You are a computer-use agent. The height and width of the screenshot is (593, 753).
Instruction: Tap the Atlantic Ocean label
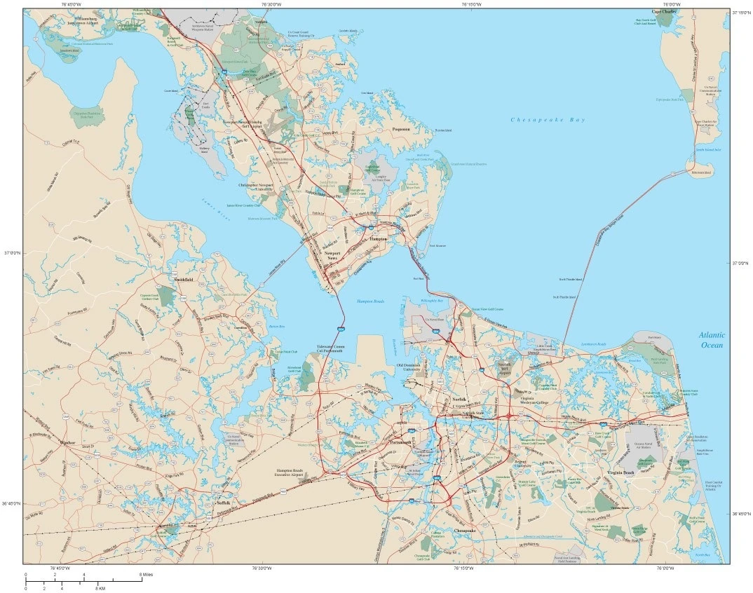711,340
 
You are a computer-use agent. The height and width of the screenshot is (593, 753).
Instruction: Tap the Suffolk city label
222,503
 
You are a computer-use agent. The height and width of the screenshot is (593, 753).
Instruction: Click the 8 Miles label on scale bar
146,574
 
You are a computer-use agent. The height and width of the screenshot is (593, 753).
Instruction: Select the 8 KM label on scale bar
101,587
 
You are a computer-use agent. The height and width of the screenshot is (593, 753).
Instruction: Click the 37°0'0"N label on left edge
12,253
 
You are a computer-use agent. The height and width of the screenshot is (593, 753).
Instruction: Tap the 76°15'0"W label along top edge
472,4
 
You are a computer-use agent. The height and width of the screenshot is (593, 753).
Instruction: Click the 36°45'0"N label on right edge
742,514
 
